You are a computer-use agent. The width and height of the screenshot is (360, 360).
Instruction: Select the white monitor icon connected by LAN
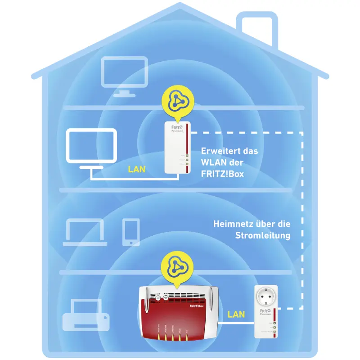91,148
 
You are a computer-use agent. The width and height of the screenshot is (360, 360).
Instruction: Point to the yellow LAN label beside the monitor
136,170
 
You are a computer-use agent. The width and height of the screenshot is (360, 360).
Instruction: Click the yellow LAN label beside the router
236,314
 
